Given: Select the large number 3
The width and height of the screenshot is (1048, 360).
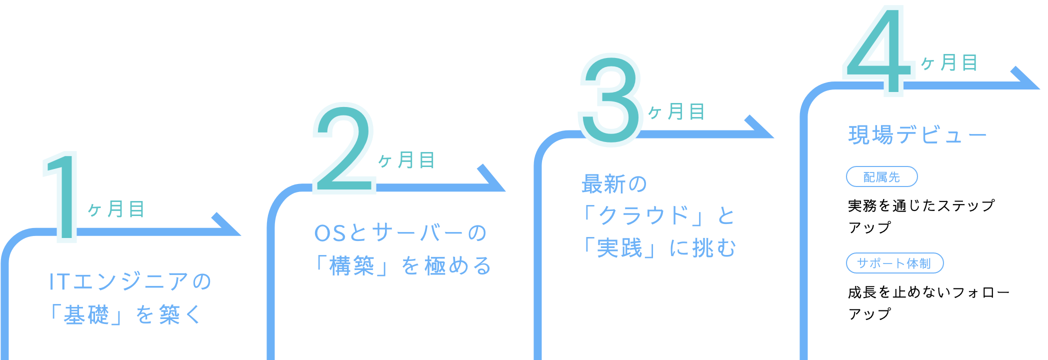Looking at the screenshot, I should [x=610, y=100].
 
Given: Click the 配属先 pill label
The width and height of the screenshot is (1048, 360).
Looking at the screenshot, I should [x=881, y=177].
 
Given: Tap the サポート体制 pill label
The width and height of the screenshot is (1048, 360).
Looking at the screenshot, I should [x=894, y=263].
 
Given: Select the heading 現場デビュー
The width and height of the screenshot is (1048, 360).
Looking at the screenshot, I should [x=917, y=135].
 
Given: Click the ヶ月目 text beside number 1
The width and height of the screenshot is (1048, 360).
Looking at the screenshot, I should [x=116, y=209].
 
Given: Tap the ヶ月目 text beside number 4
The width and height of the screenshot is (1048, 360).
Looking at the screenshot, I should [x=949, y=63].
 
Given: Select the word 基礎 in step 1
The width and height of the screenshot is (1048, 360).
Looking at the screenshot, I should [x=86, y=315].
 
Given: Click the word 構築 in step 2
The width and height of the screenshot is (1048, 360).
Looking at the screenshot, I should [x=352, y=265].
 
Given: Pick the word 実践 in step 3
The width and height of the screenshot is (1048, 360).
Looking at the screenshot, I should [x=619, y=247].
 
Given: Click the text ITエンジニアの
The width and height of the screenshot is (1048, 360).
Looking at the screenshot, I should [x=130, y=282].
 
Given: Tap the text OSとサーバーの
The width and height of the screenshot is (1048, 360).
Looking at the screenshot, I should [x=400, y=233].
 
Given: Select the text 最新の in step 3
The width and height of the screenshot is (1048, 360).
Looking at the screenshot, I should [x=614, y=184].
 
